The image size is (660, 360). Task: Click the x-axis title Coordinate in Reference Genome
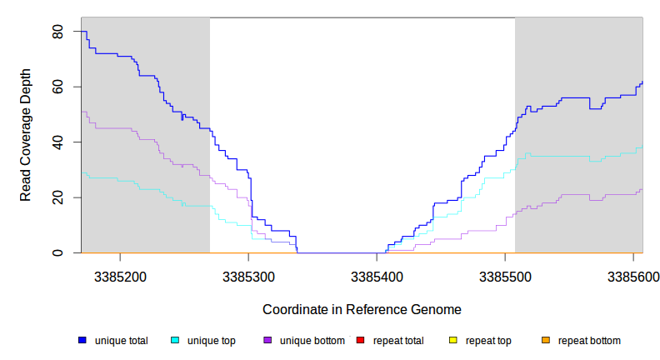[x=362, y=309]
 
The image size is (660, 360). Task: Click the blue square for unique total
[x=82, y=341]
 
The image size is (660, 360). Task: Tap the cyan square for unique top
[x=175, y=341]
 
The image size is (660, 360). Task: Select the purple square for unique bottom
[x=267, y=341]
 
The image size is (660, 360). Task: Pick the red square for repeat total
[x=360, y=341]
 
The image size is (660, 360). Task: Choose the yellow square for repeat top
[x=453, y=341]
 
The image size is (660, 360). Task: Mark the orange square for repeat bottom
[x=546, y=341]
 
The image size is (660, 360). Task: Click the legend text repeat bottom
[x=589, y=341]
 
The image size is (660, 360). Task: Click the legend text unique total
[x=122, y=341]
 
